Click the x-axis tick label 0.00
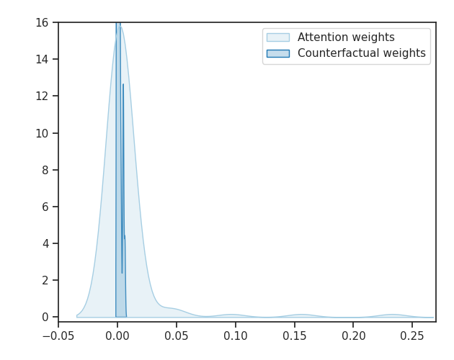tap(117, 336)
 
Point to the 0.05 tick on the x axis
tap(177, 336)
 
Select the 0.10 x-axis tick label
tap(236, 336)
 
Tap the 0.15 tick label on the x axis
tap(294, 336)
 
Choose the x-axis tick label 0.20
tap(353, 336)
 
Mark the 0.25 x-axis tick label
tap(412, 336)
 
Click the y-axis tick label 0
tap(46, 317)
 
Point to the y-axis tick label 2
tap(46, 280)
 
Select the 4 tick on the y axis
tap(46, 243)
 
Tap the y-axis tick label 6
tap(46, 207)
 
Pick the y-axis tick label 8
tap(46, 170)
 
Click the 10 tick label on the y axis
tap(43, 133)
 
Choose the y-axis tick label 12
tap(43, 96)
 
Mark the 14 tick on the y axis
tap(43, 59)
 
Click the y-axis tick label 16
tap(43, 22)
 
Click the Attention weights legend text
tap(346, 37)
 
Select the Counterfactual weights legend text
tap(361, 53)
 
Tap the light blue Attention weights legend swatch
tap(277, 37)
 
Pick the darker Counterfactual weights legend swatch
tap(277, 53)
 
